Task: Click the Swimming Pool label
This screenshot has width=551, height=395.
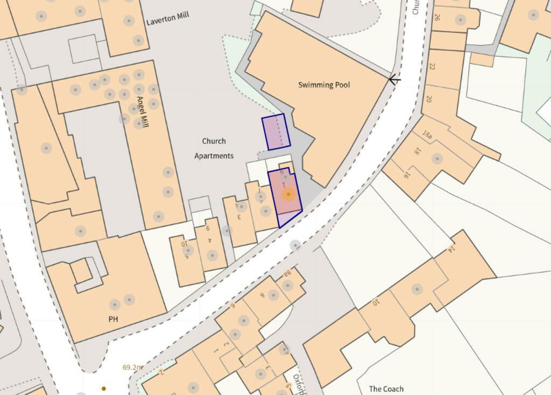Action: [x=324, y=85]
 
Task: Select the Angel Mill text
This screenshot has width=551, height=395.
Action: [x=143, y=111]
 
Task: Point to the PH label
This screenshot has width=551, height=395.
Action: [x=113, y=319]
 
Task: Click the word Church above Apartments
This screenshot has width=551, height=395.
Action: [x=214, y=142]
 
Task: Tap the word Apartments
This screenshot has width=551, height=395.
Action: [x=214, y=156]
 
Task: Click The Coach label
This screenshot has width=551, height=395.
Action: [x=386, y=389]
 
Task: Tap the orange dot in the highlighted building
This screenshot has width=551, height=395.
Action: [x=288, y=194]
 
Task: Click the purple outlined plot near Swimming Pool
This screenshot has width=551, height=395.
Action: [x=276, y=132]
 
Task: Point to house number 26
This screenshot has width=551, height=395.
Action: [x=436, y=17]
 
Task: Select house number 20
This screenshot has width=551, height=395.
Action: [x=429, y=99]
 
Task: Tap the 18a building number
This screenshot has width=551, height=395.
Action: [x=427, y=135]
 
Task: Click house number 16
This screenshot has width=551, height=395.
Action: [x=407, y=174]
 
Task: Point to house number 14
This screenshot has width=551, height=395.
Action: [x=451, y=249]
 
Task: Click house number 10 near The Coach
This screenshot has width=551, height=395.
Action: [x=376, y=302]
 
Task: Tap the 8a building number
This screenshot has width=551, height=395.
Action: [x=287, y=273]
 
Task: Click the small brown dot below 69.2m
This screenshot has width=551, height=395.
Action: [x=104, y=388]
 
